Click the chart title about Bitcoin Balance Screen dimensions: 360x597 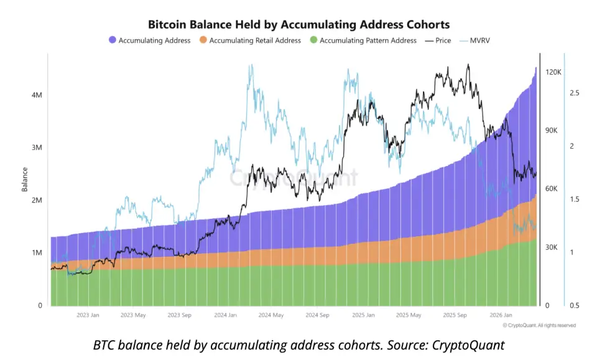point(298,24)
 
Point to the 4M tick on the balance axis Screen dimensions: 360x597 point(36,95)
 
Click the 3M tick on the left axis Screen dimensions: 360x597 point(36,148)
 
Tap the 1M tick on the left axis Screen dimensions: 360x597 point(36,253)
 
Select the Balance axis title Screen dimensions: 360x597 point(25,178)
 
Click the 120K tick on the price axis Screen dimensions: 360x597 point(553,72)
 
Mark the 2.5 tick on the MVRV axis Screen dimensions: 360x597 point(574,93)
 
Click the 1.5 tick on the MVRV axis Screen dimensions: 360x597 point(574,200)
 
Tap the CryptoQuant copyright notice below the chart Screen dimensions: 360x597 point(539,325)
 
